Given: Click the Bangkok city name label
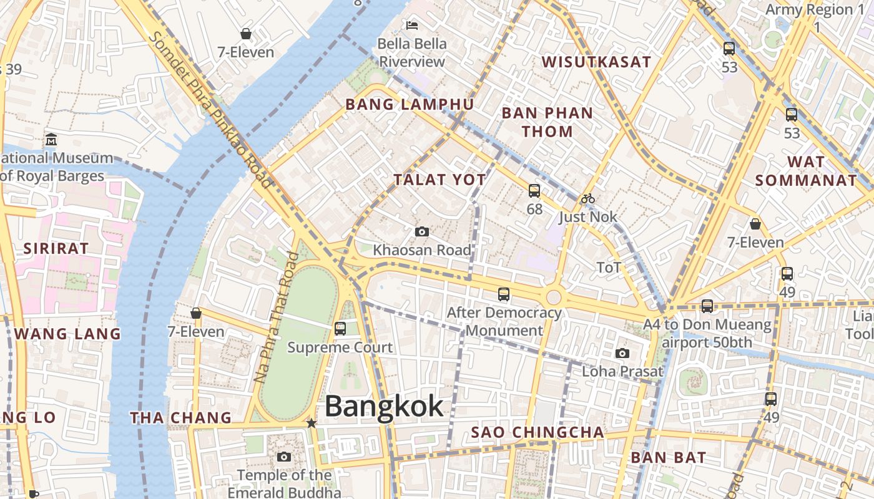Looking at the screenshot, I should (x=384, y=406).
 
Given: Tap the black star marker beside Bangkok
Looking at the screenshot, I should (x=312, y=424).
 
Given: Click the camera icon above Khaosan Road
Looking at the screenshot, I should (x=422, y=232).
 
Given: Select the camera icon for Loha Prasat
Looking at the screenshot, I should (x=622, y=354).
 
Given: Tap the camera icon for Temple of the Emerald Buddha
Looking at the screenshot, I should (x=284, y=457).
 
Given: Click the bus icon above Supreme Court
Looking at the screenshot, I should (x=340, y=328).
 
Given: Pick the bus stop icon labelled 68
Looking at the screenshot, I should (x=534, y=191).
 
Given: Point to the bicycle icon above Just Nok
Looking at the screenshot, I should (x=587, y=199).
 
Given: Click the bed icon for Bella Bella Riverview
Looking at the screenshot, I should (x=412, y=25).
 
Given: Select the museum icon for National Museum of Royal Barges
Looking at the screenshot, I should (x=51, y=139).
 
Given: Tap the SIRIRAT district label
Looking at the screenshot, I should (x=56, y=248).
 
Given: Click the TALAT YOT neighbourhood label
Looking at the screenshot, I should (x=439, y=180).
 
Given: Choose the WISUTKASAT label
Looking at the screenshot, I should (x=596, y=62).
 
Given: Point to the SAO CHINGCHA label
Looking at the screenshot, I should (x=538, y=432).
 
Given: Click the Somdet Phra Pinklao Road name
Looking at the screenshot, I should (x=210, y=109).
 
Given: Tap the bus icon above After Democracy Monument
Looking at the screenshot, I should (x=504, y=294).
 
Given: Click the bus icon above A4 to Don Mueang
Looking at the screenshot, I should (x=707, y=306).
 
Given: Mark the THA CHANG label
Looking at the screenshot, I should (x=180, y=418).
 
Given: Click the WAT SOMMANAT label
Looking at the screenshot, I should (x=806, y=171).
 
